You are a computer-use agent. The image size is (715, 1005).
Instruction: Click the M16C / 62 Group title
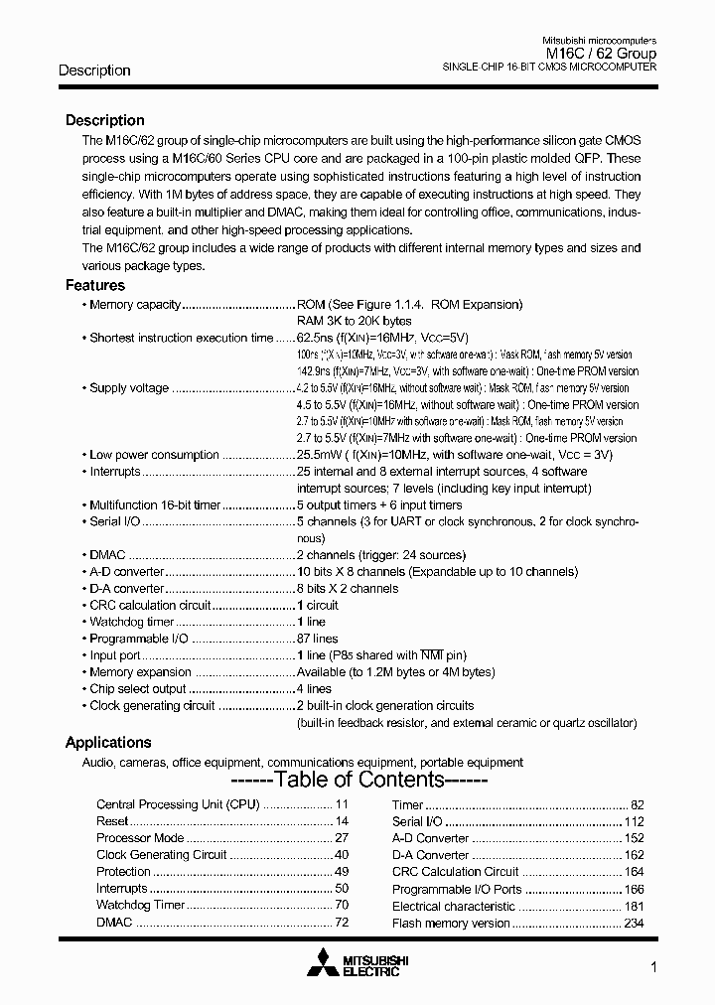tap(601, 53)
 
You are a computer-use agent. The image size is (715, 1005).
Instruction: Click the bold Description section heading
tap(104, 120)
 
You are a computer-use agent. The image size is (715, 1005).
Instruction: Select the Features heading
tap(95, 286)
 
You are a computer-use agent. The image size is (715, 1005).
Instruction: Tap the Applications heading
tap(108, 743)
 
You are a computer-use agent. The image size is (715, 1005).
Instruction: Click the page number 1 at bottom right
tap(651, 967)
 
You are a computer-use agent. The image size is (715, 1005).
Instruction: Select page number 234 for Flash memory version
tap(634, 924)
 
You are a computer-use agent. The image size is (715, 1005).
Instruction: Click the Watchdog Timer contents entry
tap(140, 906)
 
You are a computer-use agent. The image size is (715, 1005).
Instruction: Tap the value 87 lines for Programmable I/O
tap(317, 639)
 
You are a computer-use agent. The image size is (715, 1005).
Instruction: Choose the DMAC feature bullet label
tap(108, 555)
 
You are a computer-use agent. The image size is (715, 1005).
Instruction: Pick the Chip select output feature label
tap(137, 689)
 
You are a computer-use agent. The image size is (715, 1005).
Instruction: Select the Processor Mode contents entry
tap(140, 838)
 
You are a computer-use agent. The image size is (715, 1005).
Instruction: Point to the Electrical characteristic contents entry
tap(453, 907)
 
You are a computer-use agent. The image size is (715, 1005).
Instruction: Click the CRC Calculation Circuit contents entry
tap(455, 872)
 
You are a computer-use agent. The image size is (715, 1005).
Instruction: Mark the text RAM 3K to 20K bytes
tap(354, 321)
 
